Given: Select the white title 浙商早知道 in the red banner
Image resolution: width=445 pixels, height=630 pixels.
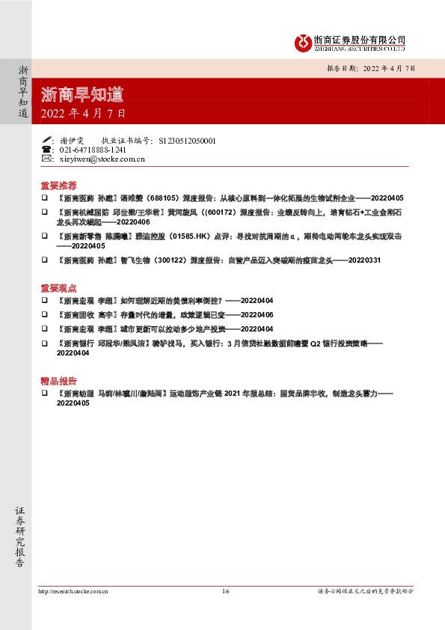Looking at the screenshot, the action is click(82, 94).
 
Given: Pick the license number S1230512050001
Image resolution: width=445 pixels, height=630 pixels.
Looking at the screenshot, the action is click(188, 140).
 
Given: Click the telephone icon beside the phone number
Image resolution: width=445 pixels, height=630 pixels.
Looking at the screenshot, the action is click(46, 150).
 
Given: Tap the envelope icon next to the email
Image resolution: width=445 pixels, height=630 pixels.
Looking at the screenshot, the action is click(46, 159).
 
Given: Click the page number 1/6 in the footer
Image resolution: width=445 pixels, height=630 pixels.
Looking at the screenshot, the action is click(225, 591).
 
